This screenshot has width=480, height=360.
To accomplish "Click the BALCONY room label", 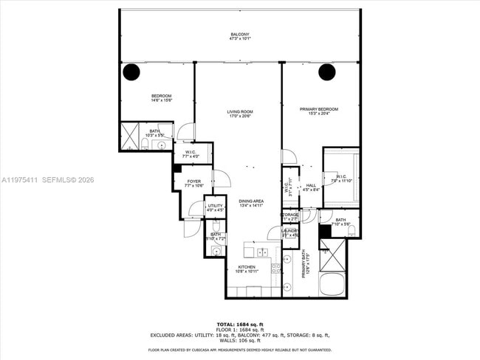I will tap(239, 35).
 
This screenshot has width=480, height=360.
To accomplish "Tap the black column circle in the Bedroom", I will tap(131, 72).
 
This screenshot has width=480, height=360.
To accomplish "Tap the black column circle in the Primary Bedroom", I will tap(327, 72).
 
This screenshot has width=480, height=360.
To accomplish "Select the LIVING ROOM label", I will tap(239, 111).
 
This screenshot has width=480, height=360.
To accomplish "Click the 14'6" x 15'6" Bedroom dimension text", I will tap(162, 100).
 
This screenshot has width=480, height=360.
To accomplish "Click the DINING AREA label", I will tap(251, 201).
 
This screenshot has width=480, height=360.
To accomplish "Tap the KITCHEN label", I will tap(246, 267).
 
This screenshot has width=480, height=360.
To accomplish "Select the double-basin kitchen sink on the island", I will tap(263, 252).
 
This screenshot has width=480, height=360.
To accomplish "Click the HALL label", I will tap(311, 185).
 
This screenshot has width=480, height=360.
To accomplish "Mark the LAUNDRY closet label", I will tap(289, 231).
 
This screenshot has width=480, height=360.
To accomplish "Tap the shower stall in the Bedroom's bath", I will tap(131, 138).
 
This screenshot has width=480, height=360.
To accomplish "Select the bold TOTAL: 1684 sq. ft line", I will tap(239, 324).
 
